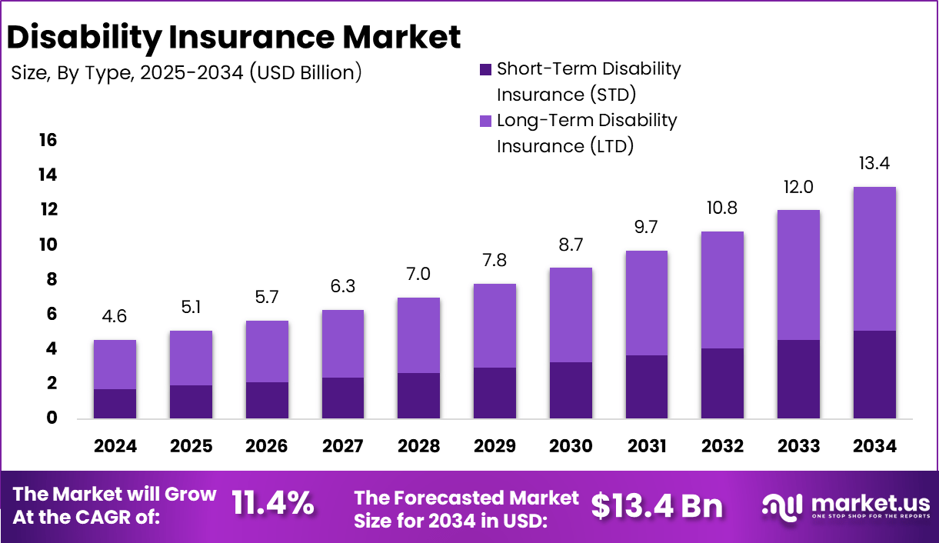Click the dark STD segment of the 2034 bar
[x=874, y=375]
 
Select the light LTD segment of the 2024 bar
[x=115, y=365]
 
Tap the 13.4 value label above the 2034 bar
[x=874, y=164]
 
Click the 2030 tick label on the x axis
[x=571, y=446]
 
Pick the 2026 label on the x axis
[x=267, y=446]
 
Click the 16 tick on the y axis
[x=48, y=140]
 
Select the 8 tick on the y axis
[x=52, y=279]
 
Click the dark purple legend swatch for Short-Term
[x=485, y=69]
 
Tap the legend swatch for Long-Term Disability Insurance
[x=485, y=121]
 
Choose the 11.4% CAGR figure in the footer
[x=273, y=504]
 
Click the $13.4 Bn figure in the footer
[x=658, y=505]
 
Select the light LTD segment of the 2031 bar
[x=646, y=303]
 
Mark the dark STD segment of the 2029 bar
[x=494, y=393]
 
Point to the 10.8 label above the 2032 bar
[x=722, y=208]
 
